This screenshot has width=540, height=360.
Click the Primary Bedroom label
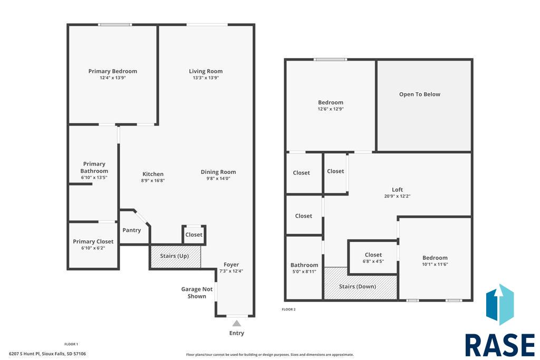[113, 71]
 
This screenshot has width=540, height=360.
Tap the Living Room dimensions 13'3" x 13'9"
[206, 78]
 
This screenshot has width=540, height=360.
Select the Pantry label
[131, 230]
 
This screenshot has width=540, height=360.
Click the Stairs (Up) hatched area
[175, 256]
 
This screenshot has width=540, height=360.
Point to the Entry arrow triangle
[236, 323]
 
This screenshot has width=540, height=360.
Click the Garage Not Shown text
[197, 293]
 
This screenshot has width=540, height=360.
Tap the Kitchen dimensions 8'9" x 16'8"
[153, 180]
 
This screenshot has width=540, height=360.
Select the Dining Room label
[218, 172]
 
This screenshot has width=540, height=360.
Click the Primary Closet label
[93, 241]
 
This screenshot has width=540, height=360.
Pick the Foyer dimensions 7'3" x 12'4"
[231, 271]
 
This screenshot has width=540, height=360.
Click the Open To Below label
[419, 94]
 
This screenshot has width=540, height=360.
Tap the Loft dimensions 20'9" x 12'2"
[397, 196]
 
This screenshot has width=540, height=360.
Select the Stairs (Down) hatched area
[361, 283]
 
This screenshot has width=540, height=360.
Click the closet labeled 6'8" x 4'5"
[373, 257]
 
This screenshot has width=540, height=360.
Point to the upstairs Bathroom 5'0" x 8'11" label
[304, 268]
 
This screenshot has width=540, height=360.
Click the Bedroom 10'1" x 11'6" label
[435, 260]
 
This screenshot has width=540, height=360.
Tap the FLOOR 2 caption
[288, 309]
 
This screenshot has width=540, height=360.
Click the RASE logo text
[500, 345]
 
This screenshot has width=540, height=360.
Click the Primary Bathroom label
[94, 167]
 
